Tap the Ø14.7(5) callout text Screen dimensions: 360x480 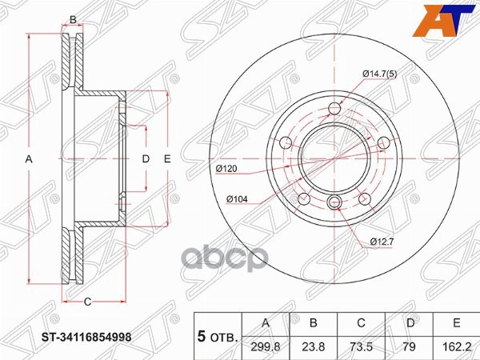click(379, 74)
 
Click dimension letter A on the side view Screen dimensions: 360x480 click(29, 159)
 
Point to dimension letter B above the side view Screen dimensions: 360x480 click(73, 19)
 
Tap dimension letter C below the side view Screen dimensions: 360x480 click(87, 301)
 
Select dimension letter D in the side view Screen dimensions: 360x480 click(146, 159)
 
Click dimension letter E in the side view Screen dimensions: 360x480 click(167, 159)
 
